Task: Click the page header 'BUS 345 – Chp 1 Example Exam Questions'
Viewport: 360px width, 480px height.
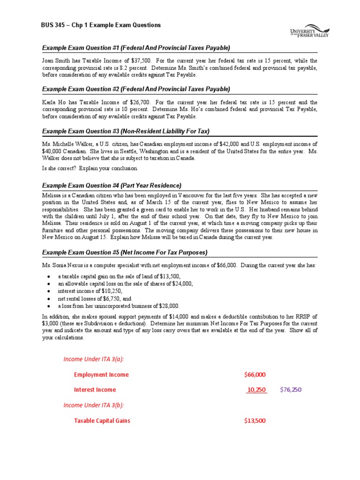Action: point(101,25)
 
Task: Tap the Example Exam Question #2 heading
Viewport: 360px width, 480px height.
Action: point(136,89)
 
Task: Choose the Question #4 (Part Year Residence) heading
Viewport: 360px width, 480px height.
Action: point(112,185)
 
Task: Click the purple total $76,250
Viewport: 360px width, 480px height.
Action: point(291,390)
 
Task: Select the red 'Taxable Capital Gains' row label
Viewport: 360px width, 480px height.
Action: point(102,420)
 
